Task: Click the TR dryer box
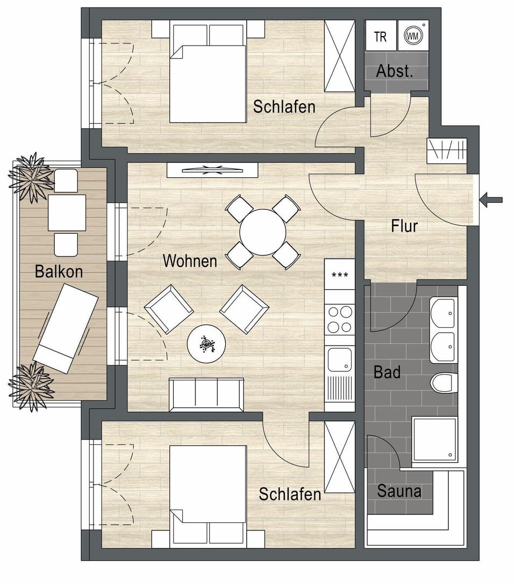click(x=381, y=36)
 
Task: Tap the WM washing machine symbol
click(x=412, y=36)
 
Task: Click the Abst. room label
click(x=395, y=71)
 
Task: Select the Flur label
click(x=404, y=226)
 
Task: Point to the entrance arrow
click(x=491, y=200)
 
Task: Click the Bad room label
click(x=387, y=372)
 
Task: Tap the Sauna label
click(x=399, y=491)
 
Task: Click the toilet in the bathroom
click(x=443, y=382)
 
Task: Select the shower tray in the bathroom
click(x=434, y=439)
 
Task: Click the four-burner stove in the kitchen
click(x=340, y=319)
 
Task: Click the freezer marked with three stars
click(x=340, y=275)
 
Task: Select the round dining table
click(x=262, y=232)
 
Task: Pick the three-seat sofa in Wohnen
click(x=206, y=394)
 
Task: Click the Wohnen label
click(x=190, y=261)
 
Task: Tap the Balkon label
click(x=59, y=271)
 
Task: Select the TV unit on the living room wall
click(x=212, y=170)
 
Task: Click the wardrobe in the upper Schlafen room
click(x=340, y=56)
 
